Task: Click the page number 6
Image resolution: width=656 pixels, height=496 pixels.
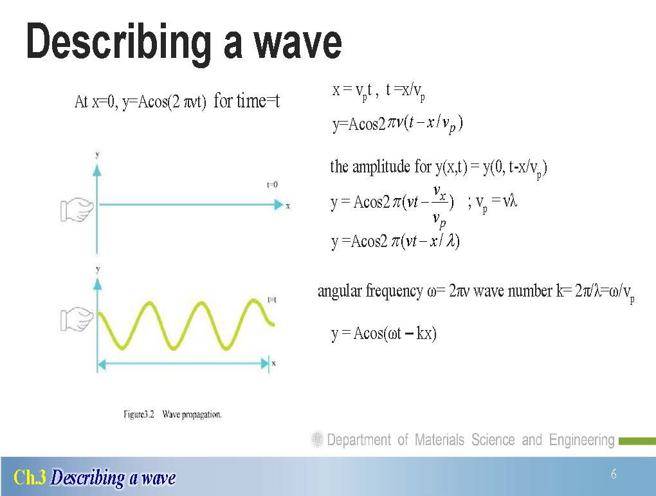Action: point(614,474)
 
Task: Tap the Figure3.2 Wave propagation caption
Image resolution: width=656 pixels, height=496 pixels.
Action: point(172,414)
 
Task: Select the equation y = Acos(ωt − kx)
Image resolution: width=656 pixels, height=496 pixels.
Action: point(384,334)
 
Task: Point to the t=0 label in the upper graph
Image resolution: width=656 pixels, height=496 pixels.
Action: point(272,185)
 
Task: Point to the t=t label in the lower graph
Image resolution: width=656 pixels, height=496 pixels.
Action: point(272,300)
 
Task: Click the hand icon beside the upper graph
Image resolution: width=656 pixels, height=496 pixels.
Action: point(77,210)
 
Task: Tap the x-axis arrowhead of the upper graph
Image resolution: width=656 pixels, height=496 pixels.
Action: point(279,205)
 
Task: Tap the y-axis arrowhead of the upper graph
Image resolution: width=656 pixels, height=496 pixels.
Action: point(97,170)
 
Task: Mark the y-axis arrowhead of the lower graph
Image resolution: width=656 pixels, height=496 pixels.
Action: point(98,284)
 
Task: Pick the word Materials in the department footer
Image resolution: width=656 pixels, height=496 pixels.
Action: point(439,440)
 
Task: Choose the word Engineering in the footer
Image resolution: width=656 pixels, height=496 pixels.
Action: point(581,440)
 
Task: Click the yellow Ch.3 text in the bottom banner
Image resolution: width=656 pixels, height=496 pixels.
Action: point(30,477)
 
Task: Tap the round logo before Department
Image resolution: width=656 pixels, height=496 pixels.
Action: point(317,439)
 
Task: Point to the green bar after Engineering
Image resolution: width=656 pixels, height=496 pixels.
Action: point(637,441)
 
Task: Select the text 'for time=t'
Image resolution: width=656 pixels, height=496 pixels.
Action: point(246,101)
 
